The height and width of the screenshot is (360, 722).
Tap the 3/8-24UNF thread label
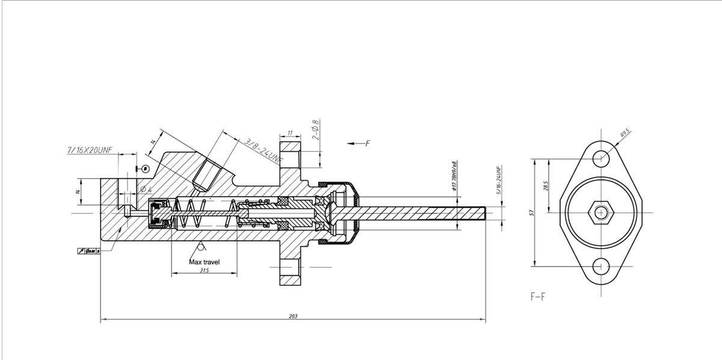point(264,151)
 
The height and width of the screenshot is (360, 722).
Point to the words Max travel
point(205,262)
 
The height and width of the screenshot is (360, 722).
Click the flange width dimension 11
point(290,133)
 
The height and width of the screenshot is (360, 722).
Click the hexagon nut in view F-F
point(600,212)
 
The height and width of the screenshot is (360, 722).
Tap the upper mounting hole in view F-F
point(600,158)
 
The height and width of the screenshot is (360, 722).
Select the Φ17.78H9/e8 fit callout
point(455,176)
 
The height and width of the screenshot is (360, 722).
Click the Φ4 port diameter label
point(146,190)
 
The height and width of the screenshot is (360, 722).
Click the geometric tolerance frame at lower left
point(88,250)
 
